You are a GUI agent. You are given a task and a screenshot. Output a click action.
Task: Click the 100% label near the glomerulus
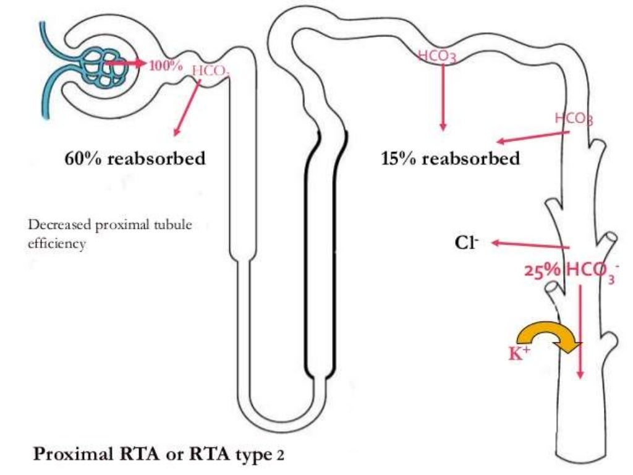(x=166, y=64)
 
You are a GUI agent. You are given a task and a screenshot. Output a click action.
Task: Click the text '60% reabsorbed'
(x=135, y=158)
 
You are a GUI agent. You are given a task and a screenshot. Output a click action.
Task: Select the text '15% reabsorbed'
(x=449, y=158)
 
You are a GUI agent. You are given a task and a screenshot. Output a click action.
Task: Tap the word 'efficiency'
(x=56, y=244)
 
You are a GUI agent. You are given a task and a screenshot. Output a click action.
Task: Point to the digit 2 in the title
(x=281, y=456)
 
